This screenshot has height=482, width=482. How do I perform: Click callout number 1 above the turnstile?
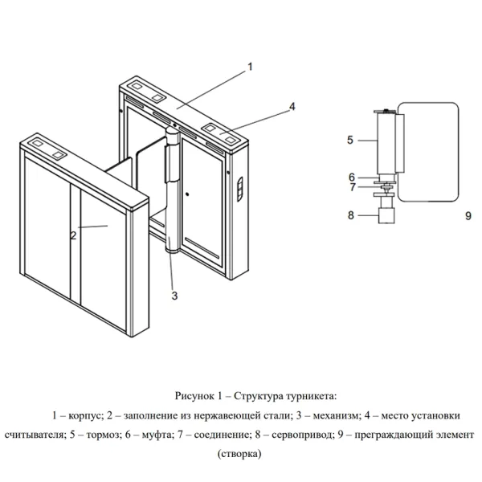click(x=250, y=67)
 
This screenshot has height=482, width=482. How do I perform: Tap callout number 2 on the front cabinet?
click(x=73, y=235)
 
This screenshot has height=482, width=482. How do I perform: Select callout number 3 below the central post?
click(x=174, y=296)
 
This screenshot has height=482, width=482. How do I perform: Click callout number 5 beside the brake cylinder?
click(x=350, y=139)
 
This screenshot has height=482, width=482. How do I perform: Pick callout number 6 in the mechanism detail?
click(x=350, y=177)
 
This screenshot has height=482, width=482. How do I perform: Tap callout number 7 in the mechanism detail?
click(x=350, y=189)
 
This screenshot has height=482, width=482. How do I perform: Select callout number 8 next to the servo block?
click(x=350, y=214)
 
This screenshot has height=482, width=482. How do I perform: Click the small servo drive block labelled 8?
click(x=386, y=214)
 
